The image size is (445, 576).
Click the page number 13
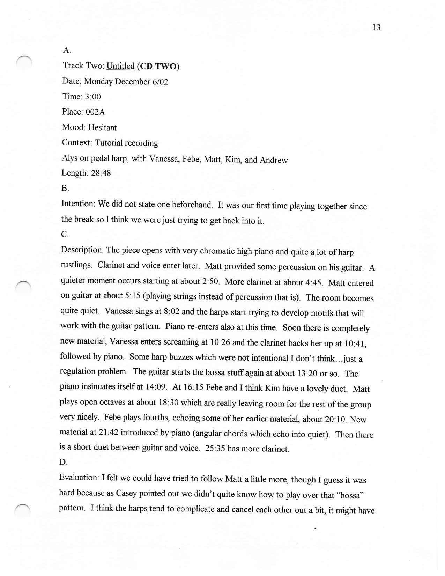pyautogui.click(x=376, y=28)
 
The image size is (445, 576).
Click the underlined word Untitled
pyautogui.click(x=120, y=66)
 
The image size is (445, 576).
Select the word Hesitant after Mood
pyautogui.click(x=102, y=127)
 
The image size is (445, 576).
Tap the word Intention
pyautogui.click(x=78, y=204)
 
